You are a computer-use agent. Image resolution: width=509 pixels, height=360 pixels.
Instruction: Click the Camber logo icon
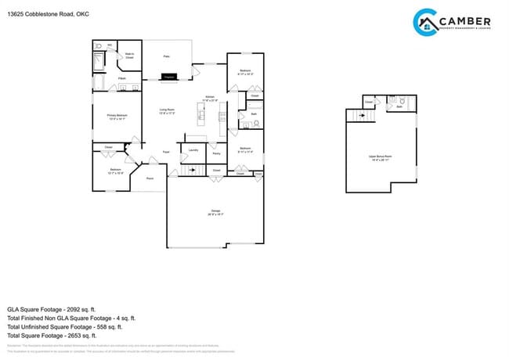coord(425,22)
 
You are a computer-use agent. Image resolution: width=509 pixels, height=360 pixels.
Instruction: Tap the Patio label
coord(166,56)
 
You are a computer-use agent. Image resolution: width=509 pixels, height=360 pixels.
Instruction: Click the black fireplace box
coord(168,77)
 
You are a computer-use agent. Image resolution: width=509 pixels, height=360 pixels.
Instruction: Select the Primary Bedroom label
coord(117,116)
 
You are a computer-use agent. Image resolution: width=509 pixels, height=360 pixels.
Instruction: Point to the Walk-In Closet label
coord(129,56)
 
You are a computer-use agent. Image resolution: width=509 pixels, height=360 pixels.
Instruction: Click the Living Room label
coord(167,111)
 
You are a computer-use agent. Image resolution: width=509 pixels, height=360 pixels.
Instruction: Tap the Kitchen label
coord(210,97)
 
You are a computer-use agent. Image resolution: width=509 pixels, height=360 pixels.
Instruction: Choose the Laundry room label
coord(192,149)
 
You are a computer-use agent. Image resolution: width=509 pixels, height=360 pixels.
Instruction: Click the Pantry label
coord(216,153)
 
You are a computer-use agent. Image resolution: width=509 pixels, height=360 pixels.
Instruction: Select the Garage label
coord(215,211)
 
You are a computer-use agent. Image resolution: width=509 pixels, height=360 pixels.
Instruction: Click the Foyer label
coord(166,152)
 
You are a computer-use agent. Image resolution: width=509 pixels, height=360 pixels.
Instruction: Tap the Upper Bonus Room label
coord(380,157)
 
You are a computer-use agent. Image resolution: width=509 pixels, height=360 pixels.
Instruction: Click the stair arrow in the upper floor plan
coord(361,116)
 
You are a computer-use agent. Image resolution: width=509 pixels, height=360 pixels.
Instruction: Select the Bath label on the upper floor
coord(399,106)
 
